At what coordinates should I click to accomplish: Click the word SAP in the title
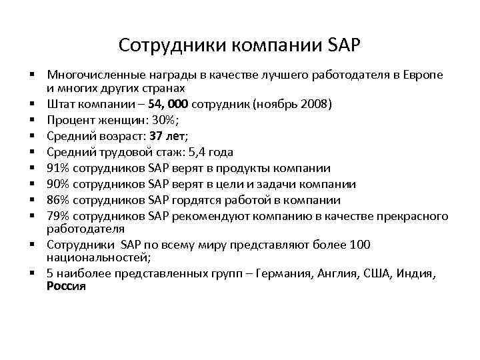(344, 45)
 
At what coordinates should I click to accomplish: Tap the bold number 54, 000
(169, 104)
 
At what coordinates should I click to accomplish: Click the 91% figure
(57, 168)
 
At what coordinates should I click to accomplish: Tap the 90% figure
(57, 184)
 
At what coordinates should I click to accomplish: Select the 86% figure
(57, 200)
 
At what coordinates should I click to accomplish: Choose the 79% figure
(57, 216)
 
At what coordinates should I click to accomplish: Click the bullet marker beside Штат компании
(31, 104)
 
